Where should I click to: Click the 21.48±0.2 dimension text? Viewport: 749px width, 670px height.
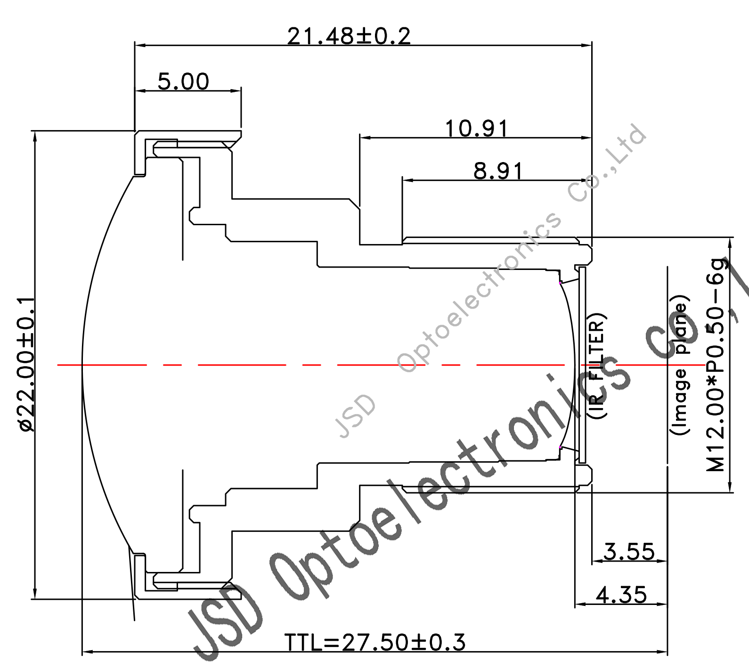pyautogui.click(x=349, y=36)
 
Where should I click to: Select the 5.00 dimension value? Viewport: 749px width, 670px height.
pyautogui.click(x=183, y=82)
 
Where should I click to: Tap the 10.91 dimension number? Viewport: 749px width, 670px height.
pyautogui.click(x=477, y=129)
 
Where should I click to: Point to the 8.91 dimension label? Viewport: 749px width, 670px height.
pyautogui.click(x=498, y=171)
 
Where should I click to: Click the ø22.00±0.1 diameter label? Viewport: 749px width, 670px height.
pyautogui.click(x=26, y=364)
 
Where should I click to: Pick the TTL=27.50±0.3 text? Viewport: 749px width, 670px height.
pyautogui.click(x=375, y=642)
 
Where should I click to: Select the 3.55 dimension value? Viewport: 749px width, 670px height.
pyautogui.click(x=629, y=552)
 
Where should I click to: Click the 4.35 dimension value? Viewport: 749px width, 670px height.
pyautogui.click(x=621, y=595)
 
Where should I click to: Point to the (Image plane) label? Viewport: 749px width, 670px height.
pyautogui.click(x=680, y=365)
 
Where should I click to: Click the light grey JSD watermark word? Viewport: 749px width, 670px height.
pyautogui.click(x=356, y=416)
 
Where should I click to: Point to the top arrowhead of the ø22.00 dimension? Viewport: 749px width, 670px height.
pyautogui.click(x=34, y=136)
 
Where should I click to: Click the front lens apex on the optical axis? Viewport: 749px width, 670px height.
pyautogui.click(x=83, y=365)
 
